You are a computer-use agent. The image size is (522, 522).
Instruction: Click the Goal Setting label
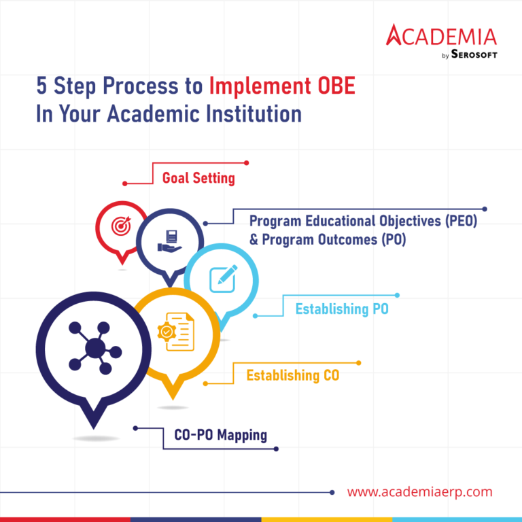click(198, 179)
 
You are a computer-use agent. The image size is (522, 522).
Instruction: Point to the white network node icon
click(95, 348)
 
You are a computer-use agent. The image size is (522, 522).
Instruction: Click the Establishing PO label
click(342, 309)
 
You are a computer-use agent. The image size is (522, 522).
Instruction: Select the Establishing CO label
click(292, 375)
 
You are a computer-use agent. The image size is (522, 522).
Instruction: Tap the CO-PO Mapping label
click(220, 436)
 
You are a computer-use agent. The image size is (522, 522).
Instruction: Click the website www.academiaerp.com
click(419, 491)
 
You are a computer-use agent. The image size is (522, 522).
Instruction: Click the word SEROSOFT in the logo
click(474, 54)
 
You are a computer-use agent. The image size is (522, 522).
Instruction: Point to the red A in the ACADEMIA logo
click(396, 35)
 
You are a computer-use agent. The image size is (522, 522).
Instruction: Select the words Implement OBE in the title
click(282, 87)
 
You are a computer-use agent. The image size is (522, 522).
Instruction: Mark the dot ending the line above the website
click(332, 492)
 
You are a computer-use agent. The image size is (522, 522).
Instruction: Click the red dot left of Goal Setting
click(125, 184)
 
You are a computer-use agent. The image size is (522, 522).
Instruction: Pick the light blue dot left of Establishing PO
click(256, 315)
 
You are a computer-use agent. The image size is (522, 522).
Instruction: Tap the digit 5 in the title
click(42, 87)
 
